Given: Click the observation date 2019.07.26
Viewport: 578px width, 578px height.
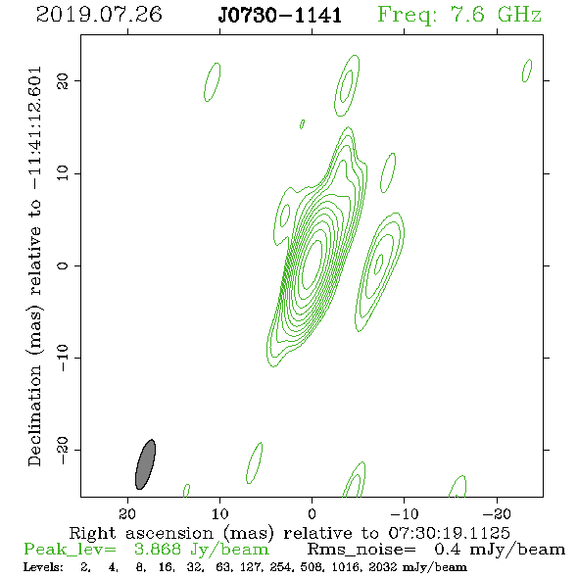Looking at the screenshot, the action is tap(99, 15).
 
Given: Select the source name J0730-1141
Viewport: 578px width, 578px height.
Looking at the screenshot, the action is tap(280, 16).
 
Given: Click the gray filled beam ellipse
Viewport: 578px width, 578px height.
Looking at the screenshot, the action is tap(146, 464).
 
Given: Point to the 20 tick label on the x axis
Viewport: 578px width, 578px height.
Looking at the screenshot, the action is tap(127, 514).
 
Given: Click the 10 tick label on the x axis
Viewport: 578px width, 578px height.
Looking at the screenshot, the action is tap(220, 514).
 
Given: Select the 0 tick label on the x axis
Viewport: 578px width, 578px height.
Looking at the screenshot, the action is tap(312, 514).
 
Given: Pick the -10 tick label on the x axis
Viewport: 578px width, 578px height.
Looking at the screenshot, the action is tap(405, 514).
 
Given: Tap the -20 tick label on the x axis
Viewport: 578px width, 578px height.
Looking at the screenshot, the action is tap(497, 514).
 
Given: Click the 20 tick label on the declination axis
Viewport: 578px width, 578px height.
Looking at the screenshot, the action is tap(63, 80).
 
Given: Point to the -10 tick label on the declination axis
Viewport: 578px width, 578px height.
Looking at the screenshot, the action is tap(63, 358).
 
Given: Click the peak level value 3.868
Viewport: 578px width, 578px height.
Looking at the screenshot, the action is tap(158, 550).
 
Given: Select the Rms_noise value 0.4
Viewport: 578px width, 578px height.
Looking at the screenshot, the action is tap(447, 550).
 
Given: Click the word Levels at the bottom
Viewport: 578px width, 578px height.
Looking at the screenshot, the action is tap(43, 567).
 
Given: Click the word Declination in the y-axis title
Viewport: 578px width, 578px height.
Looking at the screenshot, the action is tap(34, 415).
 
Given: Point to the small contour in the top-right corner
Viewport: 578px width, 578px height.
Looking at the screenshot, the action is tap(527, 71).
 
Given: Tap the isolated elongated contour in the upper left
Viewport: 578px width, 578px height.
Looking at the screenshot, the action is tap(213, 82).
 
